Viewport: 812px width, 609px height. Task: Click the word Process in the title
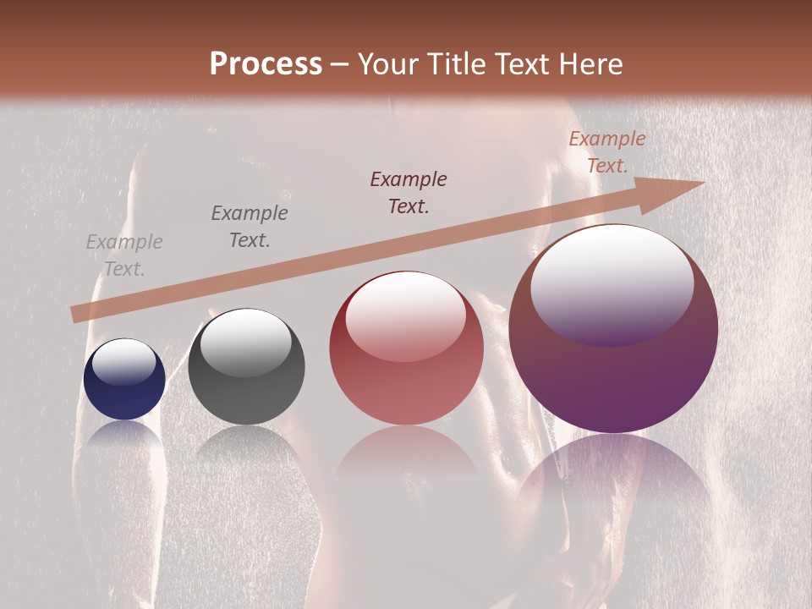coord(266,64)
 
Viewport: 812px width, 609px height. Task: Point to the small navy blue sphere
coord(124,380)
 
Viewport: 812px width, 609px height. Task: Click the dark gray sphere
coord(246,367)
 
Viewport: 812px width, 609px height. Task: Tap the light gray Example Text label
coord(124,255)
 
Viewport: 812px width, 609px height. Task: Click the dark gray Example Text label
coord(250,227)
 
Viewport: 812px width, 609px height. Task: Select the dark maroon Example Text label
coord(409,193)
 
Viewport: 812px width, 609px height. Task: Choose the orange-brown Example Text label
coord(606,152)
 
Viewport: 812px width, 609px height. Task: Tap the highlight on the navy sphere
coord(124,361)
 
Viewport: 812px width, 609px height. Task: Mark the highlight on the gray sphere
coord(245,341)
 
